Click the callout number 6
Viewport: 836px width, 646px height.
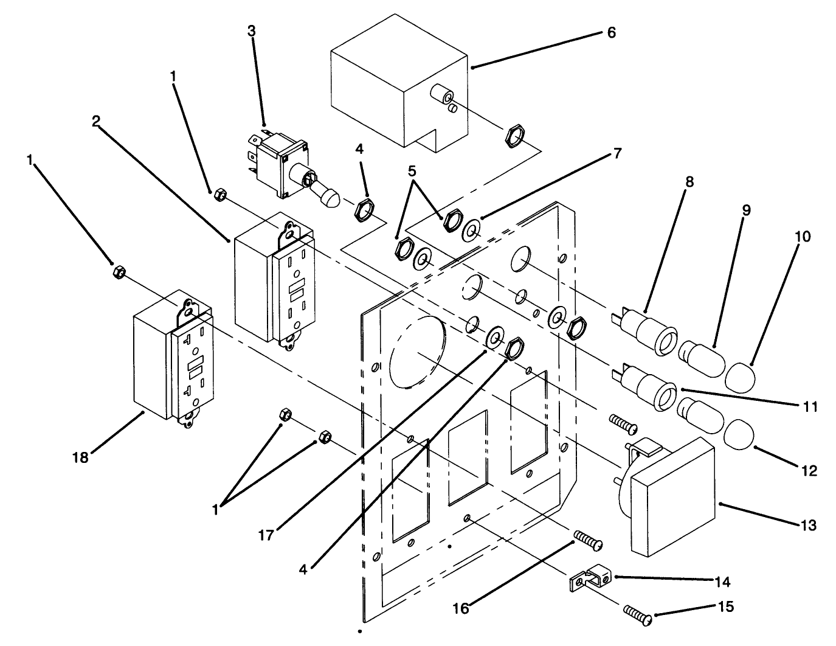point(611,32)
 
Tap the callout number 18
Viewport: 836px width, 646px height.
point(80,457)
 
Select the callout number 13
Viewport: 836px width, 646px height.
point(809,524)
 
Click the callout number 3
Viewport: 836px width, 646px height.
point(252,32)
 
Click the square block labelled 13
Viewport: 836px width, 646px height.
point(672,496)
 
